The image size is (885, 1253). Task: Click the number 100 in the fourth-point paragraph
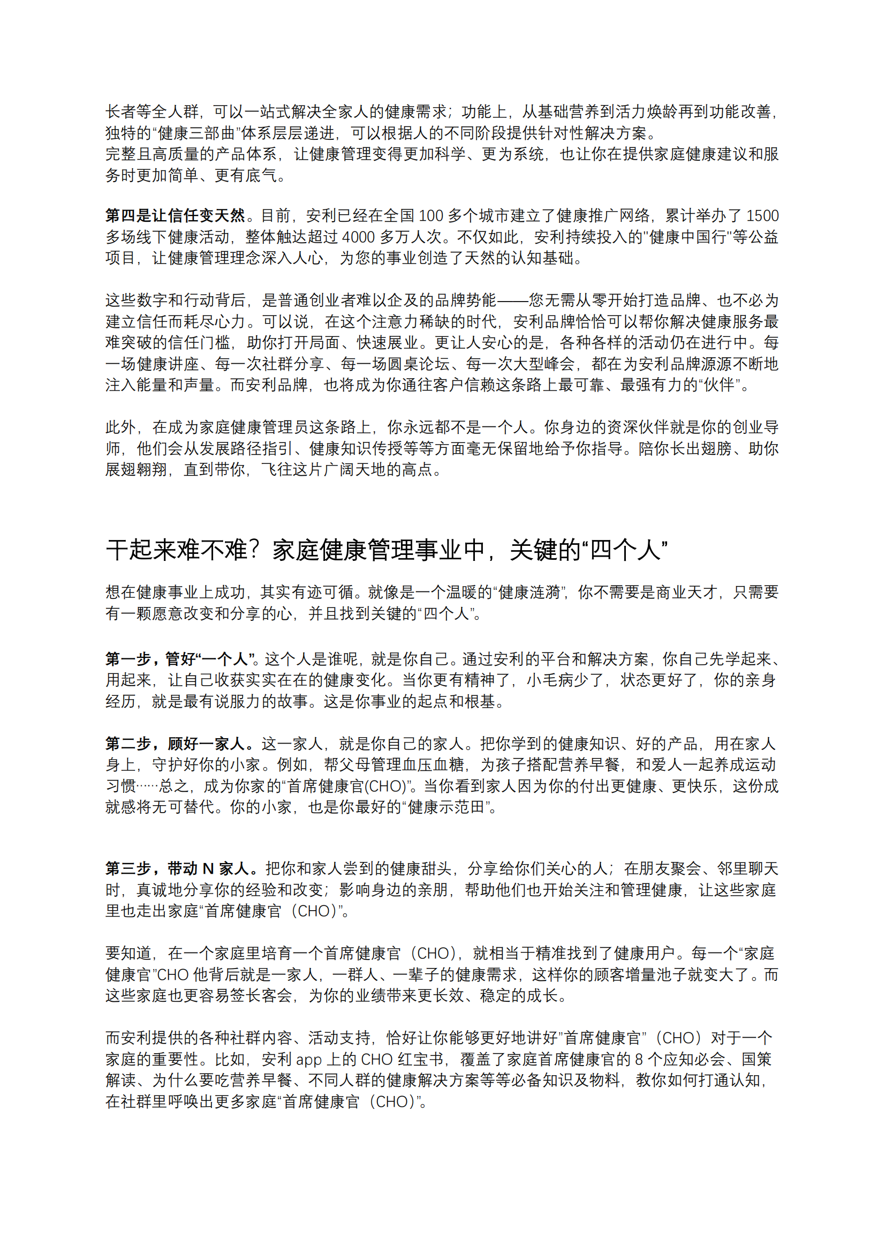pyautogui.click(x=430, y=216)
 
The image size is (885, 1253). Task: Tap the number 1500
pyautogui.click(x=762, y=216)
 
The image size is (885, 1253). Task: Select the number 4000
pyautogui.click(x=358, y=237)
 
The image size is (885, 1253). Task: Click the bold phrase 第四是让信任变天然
pyautogui.click(x=175, y=216)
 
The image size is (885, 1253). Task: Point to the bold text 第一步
pyautogui.click(x=128, y=659)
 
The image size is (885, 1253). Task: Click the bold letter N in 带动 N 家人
pyautogui.click(x=208, y=869)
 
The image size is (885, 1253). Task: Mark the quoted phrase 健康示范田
pyautogui.click(x=447, y=807)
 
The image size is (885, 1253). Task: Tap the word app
pyautogui.click(x=308, y=1060)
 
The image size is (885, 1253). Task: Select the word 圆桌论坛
pyautogui.click(x=419, y=364)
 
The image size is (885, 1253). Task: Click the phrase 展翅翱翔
pyautogui.click(x=137, y=470)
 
